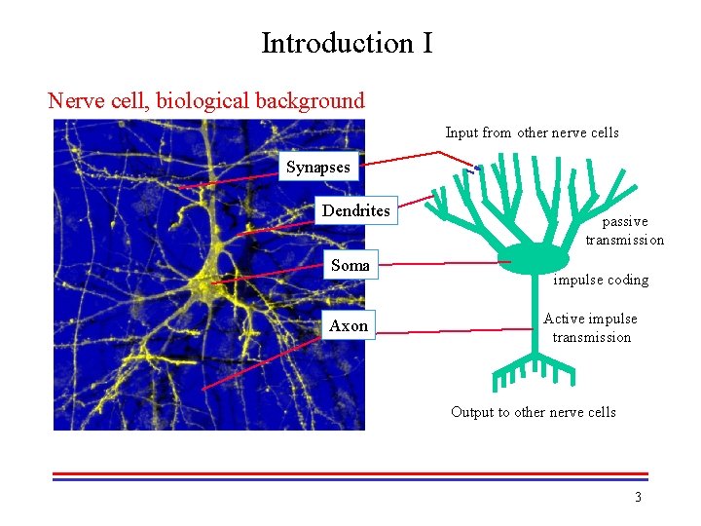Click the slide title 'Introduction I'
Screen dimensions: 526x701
coord(346,44)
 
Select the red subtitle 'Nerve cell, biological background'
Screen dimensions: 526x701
coord(206,100)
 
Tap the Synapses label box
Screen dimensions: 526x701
coord(317,167)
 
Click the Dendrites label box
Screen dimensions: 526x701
coord(355,211)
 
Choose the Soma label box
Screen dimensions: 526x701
coord(350,265)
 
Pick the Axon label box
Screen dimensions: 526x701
coord(348,325)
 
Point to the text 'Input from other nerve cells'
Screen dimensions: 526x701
coord(532,132)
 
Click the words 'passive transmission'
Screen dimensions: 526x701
coord(624,231)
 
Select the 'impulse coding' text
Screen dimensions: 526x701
coord(601,280)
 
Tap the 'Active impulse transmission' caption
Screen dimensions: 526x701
coord(591,328)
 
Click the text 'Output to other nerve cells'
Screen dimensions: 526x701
coord(533,412)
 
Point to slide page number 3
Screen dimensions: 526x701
coord(638,498)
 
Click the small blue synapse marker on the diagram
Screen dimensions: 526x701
coord(478,169)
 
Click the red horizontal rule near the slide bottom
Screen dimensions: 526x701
coord(350,473)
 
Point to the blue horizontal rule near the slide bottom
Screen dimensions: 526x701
coord(350,479)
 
